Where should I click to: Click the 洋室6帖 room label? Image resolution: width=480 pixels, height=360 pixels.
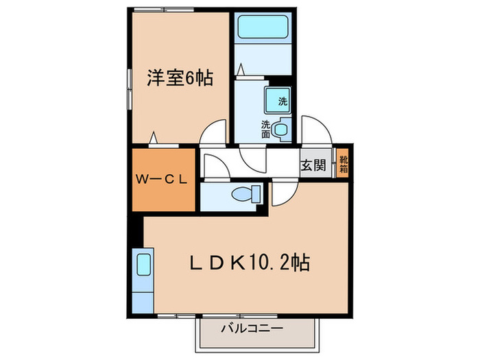(178, 78)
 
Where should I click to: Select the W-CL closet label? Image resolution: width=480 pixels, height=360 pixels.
(163, 180)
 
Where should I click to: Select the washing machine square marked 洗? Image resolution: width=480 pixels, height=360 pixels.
(278, 101)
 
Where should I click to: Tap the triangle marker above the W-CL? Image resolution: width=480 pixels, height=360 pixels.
(156, 138)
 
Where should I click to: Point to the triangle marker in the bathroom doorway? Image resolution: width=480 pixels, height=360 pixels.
(241, 69)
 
